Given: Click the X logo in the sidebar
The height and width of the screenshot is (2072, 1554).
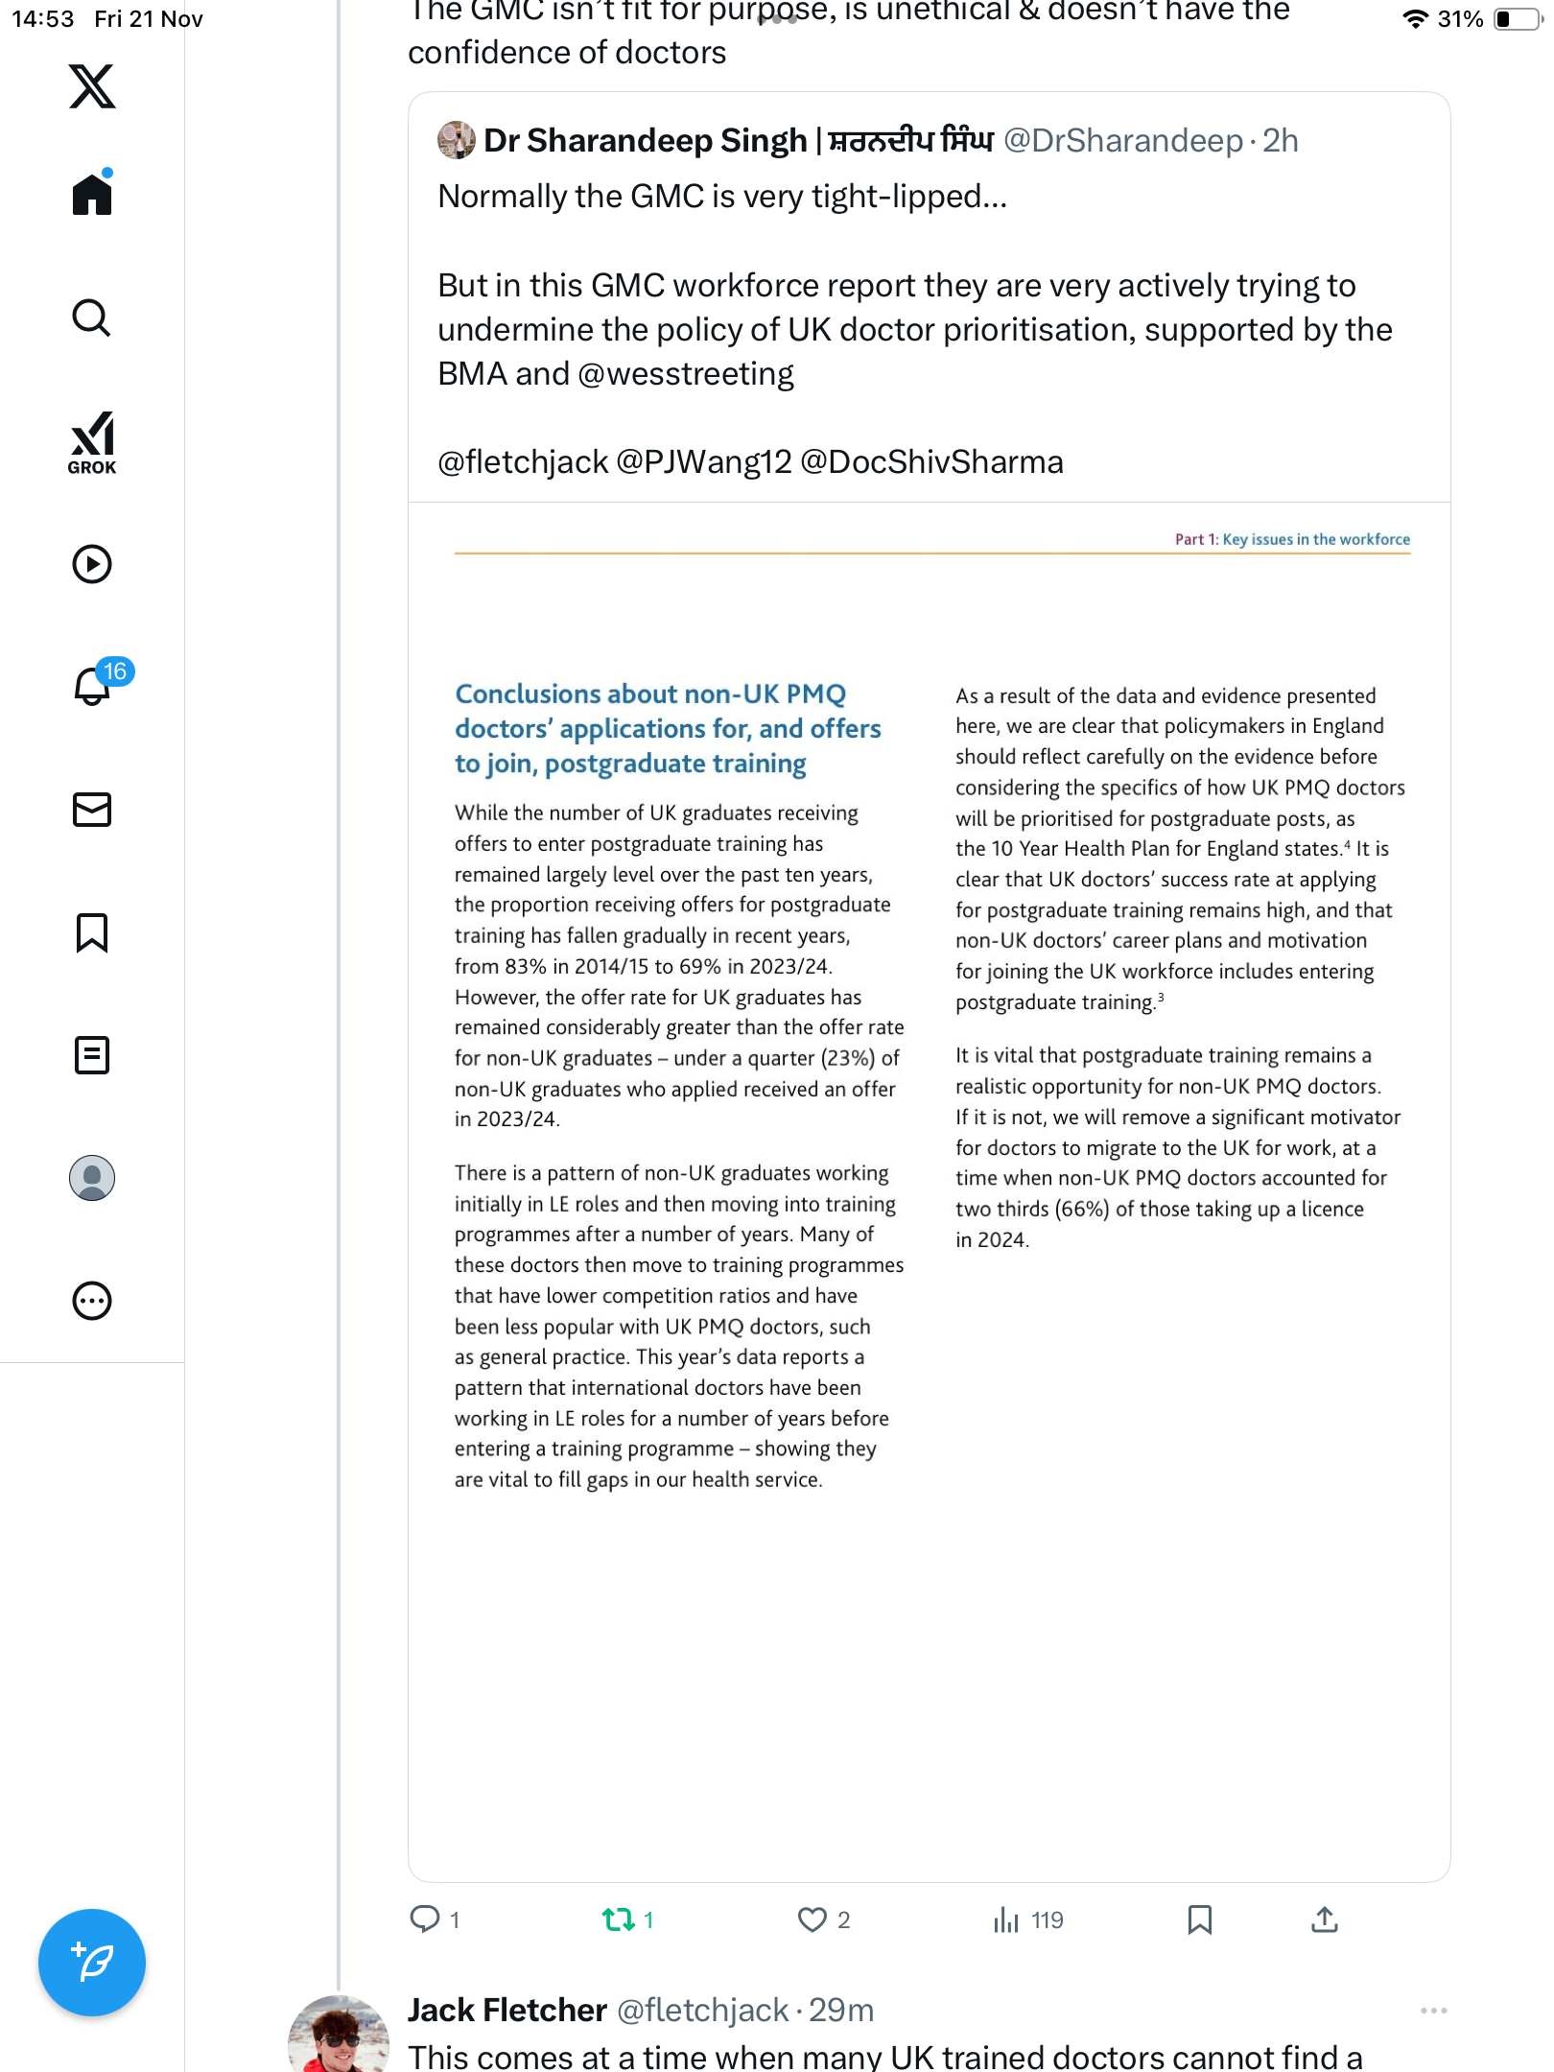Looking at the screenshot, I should coord(92,86).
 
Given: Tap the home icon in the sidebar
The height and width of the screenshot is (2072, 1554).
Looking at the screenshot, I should coord(92,195).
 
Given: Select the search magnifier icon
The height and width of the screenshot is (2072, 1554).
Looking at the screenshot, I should coord(92,318).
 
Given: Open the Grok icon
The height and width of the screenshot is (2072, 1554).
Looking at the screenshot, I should coord(92,442).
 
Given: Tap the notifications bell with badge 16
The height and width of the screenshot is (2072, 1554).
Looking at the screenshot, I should coord(93,686).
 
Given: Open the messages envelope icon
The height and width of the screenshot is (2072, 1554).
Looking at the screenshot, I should coord(92,810).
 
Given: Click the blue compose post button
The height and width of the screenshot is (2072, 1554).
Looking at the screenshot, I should coord(92,1962).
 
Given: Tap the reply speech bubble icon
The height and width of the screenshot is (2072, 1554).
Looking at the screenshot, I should coord(424,1919).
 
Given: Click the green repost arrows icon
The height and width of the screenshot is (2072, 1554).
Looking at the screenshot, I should coord(618,1919).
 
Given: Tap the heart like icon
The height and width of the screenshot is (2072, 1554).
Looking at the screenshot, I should coord(812,1919).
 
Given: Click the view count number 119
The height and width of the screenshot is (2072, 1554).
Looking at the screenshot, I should coord(1047,1919).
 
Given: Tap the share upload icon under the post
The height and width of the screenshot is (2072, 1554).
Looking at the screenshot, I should coord(1324,1919).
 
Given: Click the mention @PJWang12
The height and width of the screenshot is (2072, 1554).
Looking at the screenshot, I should coord(703,462).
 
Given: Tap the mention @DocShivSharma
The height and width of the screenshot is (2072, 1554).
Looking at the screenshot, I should coord(931,462).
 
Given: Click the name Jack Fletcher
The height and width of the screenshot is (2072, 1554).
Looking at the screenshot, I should coord(506,2010).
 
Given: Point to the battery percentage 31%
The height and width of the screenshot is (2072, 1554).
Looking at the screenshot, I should coord(1460,19).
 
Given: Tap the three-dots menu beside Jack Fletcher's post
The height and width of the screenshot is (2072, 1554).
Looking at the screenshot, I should coord(1433,2011).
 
